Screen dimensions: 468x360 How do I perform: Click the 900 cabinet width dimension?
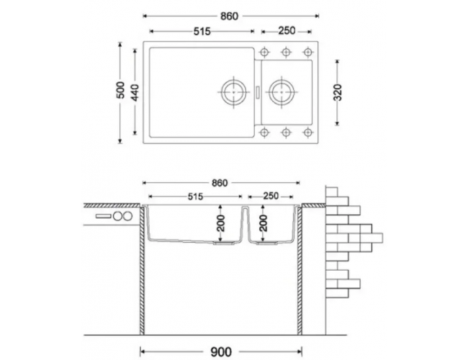point(221,351)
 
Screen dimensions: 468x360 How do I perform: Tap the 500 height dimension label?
point(120,90)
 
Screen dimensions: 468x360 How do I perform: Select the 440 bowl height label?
point(135,93)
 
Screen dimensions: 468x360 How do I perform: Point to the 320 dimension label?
point(338,93)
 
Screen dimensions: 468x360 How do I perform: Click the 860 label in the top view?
point(229,16)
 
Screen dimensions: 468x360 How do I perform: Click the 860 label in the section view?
point(220,183)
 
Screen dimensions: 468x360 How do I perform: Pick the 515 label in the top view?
point(202,32)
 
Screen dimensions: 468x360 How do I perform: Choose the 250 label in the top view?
point(287,31)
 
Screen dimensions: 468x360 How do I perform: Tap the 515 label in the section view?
point(196,197)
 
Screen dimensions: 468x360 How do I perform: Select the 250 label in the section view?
point(271,196)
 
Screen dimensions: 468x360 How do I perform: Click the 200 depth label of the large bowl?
point(221,223)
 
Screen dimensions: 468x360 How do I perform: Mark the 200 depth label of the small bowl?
point(264,223)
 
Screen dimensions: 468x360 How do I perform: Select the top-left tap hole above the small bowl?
point(264,53)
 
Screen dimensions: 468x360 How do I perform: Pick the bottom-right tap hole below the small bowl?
point(308,132)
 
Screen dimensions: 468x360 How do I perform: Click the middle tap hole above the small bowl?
point(286,53)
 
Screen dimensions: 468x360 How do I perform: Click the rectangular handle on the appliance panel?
point(103,216)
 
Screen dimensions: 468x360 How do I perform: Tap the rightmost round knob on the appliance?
point(127,216)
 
